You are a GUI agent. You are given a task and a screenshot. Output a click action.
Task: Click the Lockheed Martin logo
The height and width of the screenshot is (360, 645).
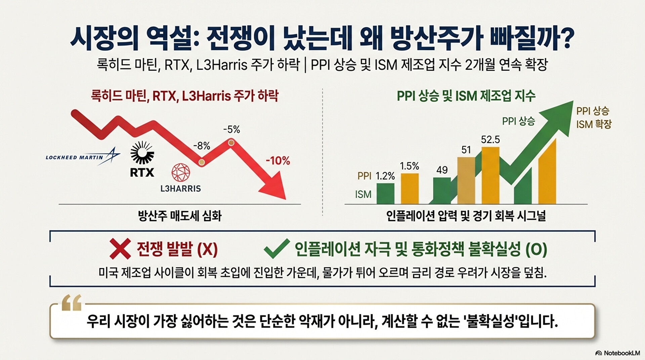point(83,157)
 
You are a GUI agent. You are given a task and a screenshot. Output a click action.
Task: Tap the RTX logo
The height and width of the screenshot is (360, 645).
point(142,159)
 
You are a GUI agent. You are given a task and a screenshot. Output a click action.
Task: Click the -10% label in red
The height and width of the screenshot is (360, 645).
point(278,161)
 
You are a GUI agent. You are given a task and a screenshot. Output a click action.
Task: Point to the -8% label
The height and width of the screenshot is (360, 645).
point(202,146)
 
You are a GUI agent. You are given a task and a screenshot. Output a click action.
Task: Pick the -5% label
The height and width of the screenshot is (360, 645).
point(232,129)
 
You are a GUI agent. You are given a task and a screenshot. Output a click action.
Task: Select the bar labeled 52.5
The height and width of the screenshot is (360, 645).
point(490,175)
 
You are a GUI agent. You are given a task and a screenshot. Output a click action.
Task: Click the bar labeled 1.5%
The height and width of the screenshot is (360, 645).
point(410,189)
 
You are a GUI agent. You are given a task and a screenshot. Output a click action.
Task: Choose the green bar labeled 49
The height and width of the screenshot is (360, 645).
point(442,191)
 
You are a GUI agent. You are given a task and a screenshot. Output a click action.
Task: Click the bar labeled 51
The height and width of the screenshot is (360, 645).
point(466,181)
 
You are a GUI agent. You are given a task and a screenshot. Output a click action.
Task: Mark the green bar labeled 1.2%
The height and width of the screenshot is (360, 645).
point(385,194)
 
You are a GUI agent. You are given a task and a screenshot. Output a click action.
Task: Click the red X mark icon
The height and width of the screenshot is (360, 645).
point(120,249)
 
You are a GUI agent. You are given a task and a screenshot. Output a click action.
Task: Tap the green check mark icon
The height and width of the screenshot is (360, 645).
point(276,248)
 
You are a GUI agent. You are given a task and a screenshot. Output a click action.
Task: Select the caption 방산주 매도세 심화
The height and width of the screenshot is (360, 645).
point(180,216)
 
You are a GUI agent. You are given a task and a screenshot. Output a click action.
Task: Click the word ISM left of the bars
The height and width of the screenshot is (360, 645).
point(363,194)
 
